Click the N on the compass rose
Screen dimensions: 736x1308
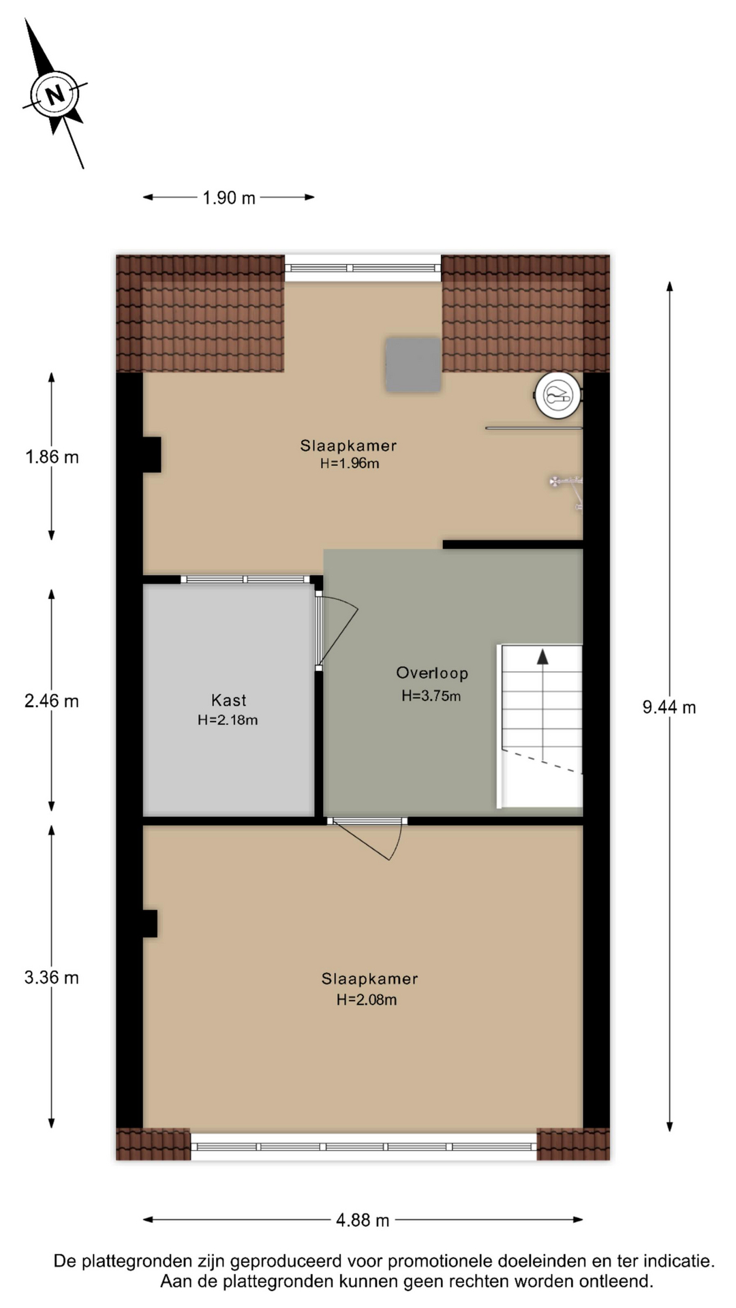click(x=55, y=93)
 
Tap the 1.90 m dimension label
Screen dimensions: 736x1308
click(x=229, y=198)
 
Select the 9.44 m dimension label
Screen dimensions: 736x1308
click(x=669, y=707)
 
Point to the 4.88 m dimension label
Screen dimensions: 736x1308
click(x=363, y=1220)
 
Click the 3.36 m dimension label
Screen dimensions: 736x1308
click(x=52, y=978)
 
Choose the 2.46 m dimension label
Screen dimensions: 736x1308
click(x=52, y=700)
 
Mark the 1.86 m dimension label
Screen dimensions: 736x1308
click(x=52, y=456)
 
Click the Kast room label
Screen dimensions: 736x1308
click(x=228, y=700)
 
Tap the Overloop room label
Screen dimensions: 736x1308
click(x=432, y=673)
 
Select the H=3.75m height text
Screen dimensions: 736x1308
click(x=431, y=696)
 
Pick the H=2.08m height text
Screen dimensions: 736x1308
click(x=367, y=999)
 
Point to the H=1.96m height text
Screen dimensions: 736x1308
click(x=350, y=463)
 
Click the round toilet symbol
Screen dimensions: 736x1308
click(x=557, y=395)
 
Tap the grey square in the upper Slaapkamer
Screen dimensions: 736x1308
click(x=413, y=364)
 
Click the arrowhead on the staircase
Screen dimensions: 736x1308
click(x=542, y=657)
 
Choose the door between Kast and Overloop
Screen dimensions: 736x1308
click(x=335, y=630)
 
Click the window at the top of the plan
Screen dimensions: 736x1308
click(x=363, y=268)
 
